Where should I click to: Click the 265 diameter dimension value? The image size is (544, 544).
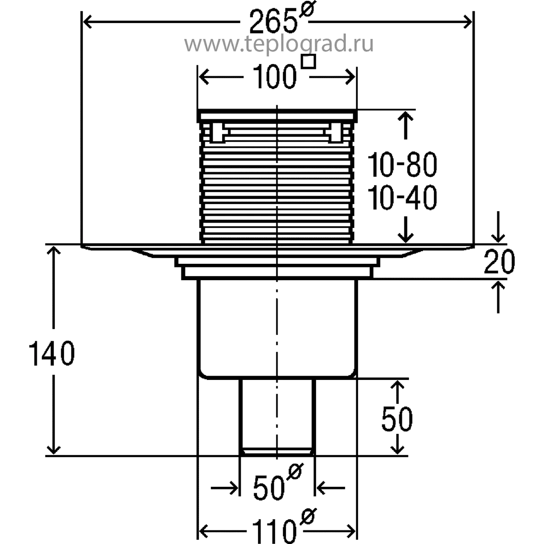click(x=273, y=22)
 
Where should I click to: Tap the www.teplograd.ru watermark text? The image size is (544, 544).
click(x=279, y=44)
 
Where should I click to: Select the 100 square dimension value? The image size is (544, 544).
click(x=274, y=77)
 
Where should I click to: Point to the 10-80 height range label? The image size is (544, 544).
click(x=402, y=165)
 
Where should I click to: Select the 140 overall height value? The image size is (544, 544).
click(x=52, y=353)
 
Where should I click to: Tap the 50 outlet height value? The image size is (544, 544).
click(x=397, y=419)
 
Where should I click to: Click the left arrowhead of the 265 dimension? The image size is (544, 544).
click(x=88, y=22)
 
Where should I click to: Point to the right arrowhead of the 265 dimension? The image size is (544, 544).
click(x=467, y=22)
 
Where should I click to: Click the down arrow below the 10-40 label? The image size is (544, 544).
click(x=405, y=229)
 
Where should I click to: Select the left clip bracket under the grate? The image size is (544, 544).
click(x=218, y=132)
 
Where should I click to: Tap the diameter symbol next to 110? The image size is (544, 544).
click(x=308, y=519)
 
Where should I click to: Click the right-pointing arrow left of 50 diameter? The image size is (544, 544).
click(x=224, y=488)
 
